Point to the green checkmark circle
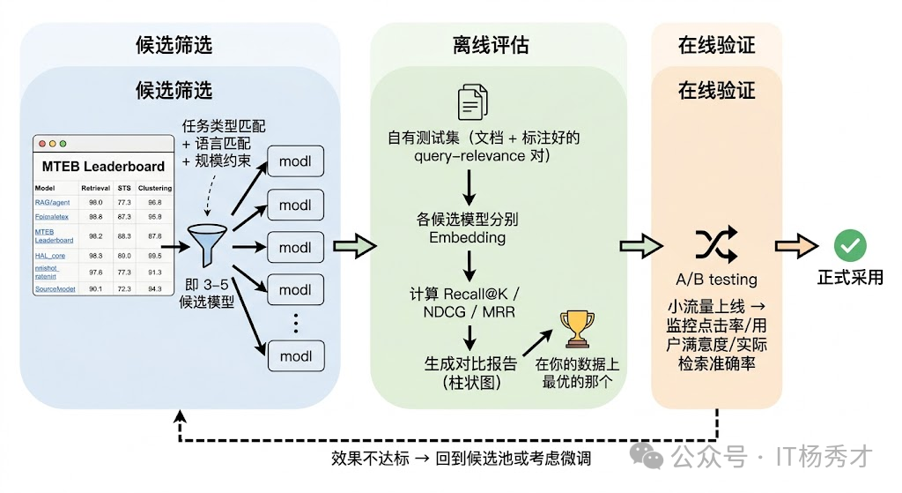coord(850,245)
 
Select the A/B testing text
coord(716,280)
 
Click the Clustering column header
coord(155,188)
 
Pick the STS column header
coord(124,188)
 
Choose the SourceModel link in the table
coord(55,288)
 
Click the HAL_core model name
coord(50,255)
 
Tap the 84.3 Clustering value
coord(155,288)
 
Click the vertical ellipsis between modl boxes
coord(296,323)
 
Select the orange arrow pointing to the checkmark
coord(796,247)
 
